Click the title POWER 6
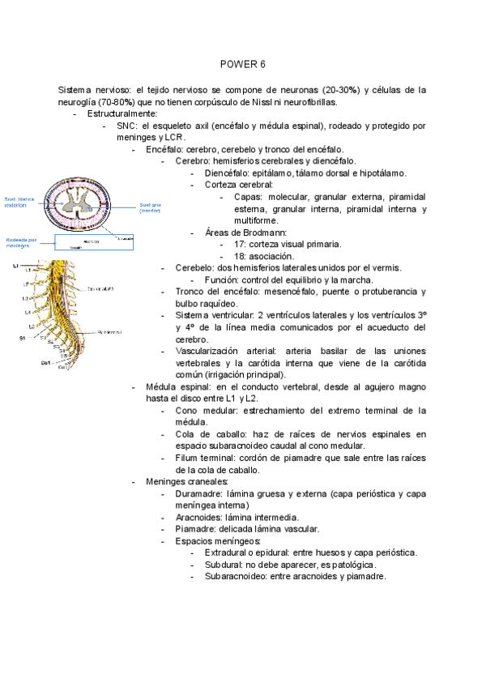(x=243, y=64)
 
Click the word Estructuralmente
(x=122, y=114)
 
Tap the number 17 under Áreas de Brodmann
(x=239, y=244)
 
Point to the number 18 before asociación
(x=239, y=256)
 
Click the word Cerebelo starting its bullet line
(x=195, y=268)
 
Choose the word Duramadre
(x=199, y=493)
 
